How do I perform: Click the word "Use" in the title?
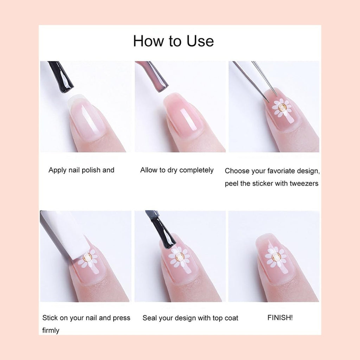point(200,41)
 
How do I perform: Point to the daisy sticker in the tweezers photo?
point(282,108)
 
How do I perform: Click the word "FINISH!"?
point(280,317)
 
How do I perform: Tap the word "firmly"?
point(51,330)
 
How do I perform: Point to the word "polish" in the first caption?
point(91,171)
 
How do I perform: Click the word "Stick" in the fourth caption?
point(50,318)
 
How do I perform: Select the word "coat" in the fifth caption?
point(231,318)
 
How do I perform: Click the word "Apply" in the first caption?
point(57,171)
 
